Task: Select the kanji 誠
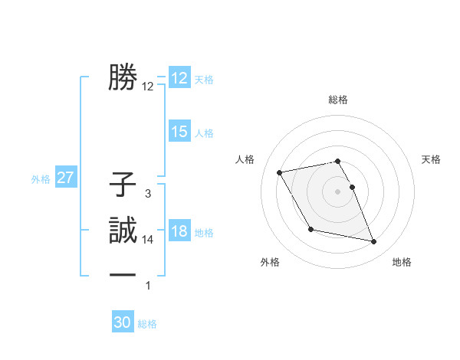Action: click(123, 230)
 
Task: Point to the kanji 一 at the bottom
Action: click(123, 275)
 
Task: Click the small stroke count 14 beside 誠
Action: click(148, 240)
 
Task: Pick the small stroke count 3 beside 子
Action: click(148, 194)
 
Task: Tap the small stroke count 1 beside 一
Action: click(148, 286)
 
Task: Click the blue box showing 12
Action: click(179, 78)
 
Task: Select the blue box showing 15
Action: click(179, 132)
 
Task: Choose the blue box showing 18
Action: click(179, 232)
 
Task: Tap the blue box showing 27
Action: click(65, 178)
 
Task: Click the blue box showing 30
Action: click(123, 322)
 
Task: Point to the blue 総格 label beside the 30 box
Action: click(147, 324)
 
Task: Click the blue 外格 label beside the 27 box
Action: click(41, 179)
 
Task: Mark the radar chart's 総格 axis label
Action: click(338, 100)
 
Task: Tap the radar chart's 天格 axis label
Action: click(432, 159)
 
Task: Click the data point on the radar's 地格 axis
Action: click(374, 242)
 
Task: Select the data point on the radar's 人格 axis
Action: click(280, 172)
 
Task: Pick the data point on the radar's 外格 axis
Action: click(310, 229)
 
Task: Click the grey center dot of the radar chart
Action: click(338, 191)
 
